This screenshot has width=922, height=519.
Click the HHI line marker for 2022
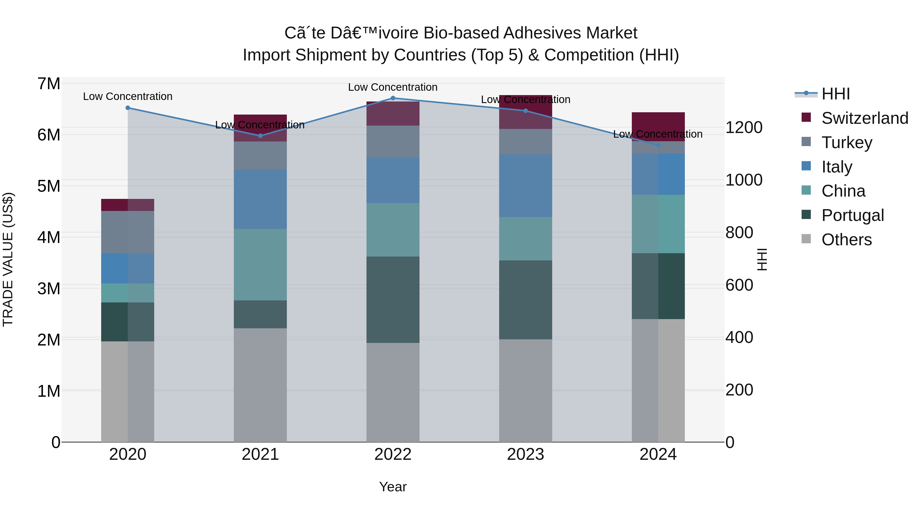click(x=393, y=98)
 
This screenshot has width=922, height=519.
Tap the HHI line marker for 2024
click(x=658, y=145)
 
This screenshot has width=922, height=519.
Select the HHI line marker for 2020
click(x=128, y=108)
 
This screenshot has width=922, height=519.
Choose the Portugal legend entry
click(x=852, y=215)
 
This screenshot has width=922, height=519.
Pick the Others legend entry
click(x=846, y=240)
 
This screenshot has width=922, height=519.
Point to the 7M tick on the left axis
click(x=49, y=84)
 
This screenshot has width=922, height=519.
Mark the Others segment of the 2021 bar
click(x=260, y=385)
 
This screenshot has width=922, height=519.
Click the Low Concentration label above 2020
click(x=128, y=96)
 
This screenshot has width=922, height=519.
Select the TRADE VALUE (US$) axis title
click(x=8, y=259)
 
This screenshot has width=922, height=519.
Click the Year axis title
click(x=393, y=487)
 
